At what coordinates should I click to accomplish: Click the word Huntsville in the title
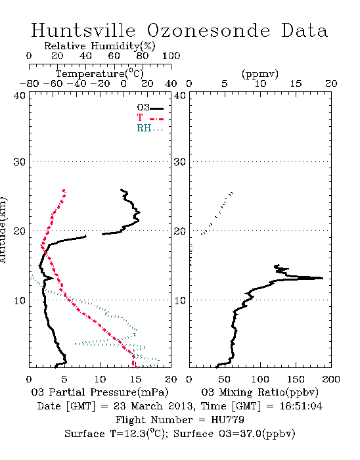pyautogui.click(x=83, y=30)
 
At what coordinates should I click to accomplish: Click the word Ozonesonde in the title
pyautogui.click(x=208, y=30)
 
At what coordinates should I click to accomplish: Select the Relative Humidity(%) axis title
pyautogui.click(x=100, y=46)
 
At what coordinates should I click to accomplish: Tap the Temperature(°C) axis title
pyautogui.click(x=100, y=74)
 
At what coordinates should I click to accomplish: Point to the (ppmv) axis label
pyautogui.click(x=260, y=74)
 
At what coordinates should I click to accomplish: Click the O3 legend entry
pyautogui.click(x=150, y=107)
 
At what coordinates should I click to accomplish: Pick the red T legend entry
pyautogui.click(x=150, y=118)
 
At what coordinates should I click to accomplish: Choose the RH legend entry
pyautogui.click(x=150, y=128)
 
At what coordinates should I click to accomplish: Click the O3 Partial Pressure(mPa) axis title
pyautogui.click(x=100, y=392)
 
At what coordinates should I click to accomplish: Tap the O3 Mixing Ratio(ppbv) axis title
pyautogui.click(x=259, y=392)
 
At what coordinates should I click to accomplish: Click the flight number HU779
pyautogui.click(x=227, y=420)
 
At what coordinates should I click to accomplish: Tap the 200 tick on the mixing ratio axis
pyautogui.click(x=331, y=379)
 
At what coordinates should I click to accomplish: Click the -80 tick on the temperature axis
pyautogui.click(x=29, y=84)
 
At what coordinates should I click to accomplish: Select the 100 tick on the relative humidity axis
pyautogui.click(x=171, y=56)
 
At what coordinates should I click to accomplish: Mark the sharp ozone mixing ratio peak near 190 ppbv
pyautogui.click(x=322, y=278)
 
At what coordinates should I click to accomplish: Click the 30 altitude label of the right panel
pyautogui.click(x=180, y=162)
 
